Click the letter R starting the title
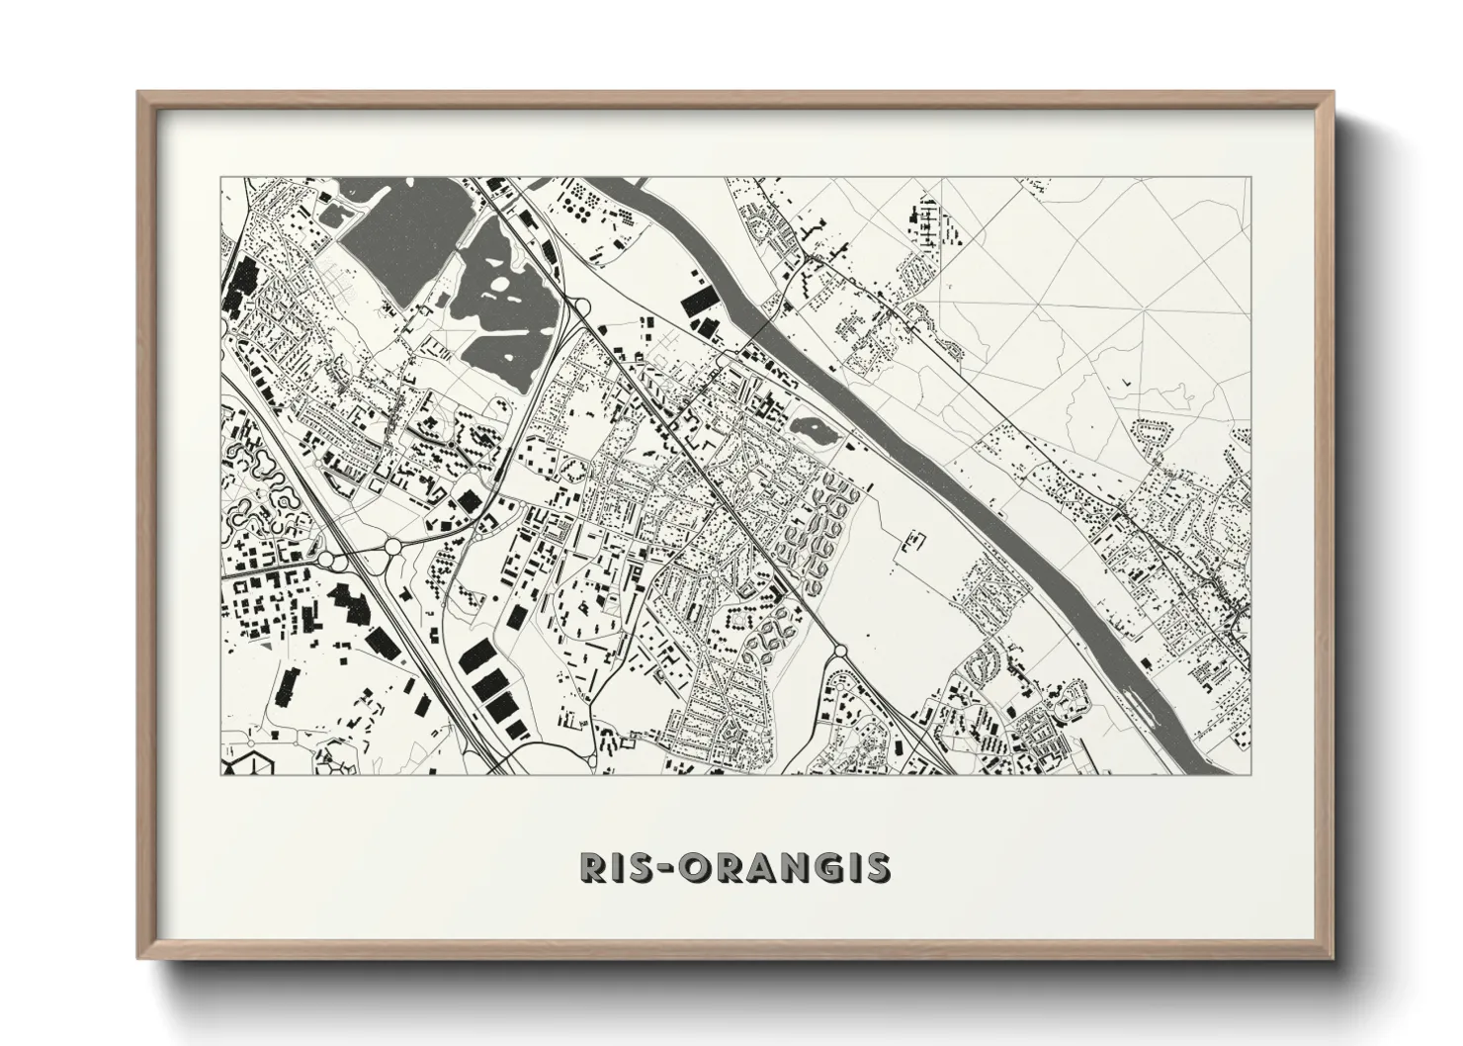[x=596, y=867]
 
